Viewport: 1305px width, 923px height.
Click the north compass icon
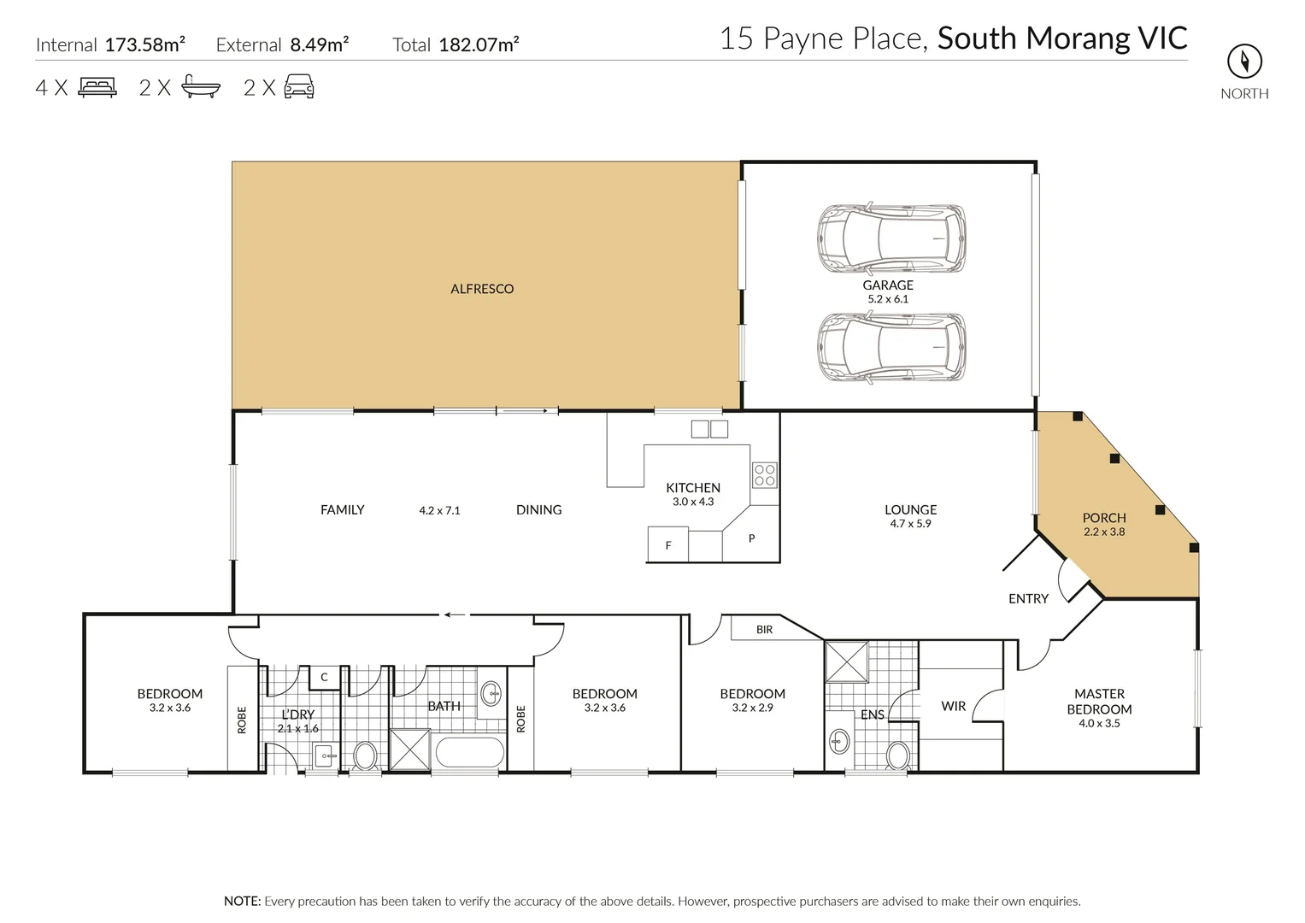(x=1244, y=61)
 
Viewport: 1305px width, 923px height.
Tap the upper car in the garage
(x=891, y=238)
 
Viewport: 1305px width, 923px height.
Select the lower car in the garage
(x=891, y=347)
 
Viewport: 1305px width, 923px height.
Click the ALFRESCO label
(x=482, y=289)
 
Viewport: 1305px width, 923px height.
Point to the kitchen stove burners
(x=764, y=474)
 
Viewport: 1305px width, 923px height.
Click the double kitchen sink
(x=709, y=429)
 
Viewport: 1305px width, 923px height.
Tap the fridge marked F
(x=668, y=545)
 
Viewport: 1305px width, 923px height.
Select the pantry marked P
(x=751, y=538)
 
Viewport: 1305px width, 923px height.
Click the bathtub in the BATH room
(x=469, y=754)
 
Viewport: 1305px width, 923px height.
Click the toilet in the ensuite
(x=897, y=755)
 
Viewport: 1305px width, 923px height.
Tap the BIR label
(x=764, y=629)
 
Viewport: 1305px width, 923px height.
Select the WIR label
(x=953, y=706)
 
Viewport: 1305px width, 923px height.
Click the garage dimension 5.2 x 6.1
(x=888, y=299)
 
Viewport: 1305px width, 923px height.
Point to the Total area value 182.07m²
(x=479, y=45)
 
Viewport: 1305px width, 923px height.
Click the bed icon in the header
(x=97, y=87)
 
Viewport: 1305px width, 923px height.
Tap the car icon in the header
(x=299, y=87)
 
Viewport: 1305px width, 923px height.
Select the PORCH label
(x=1104, y=517)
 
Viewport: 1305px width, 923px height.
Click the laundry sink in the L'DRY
(x=324, y=755)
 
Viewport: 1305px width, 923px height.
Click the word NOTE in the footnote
(x=242, y=901)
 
